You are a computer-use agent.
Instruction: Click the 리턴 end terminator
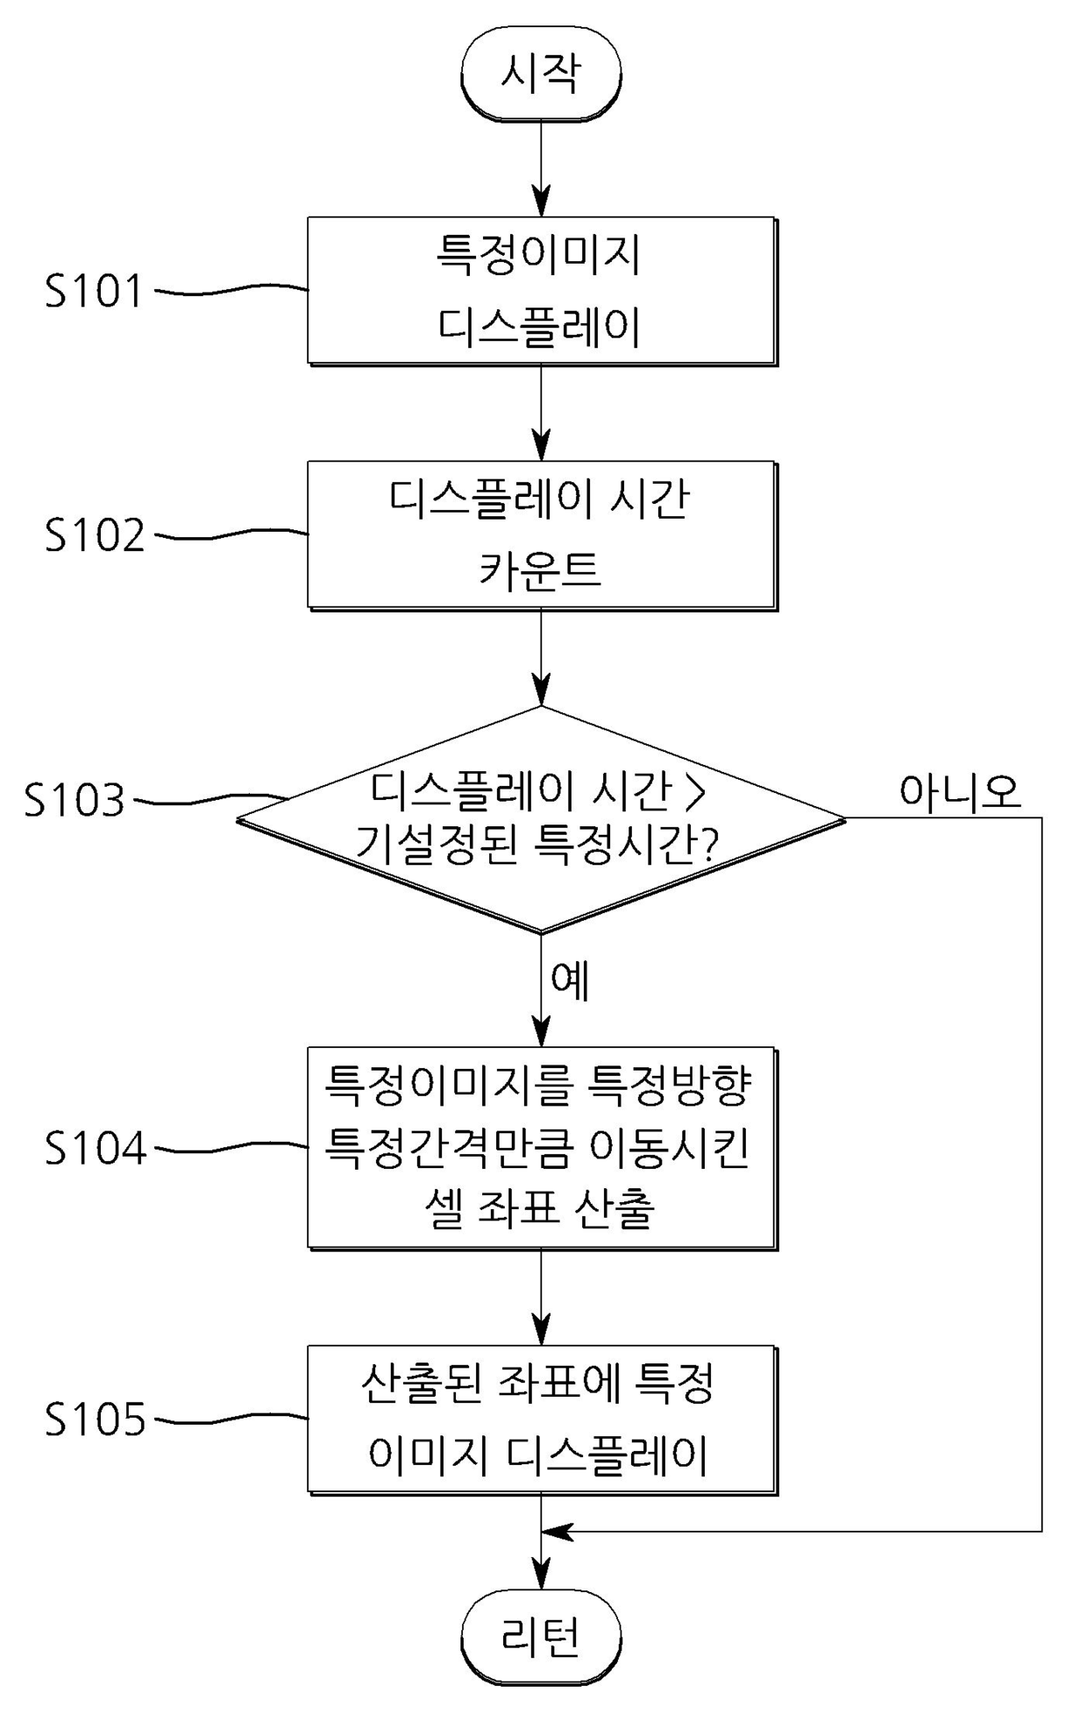pyautogui.click(x=541, y=1637)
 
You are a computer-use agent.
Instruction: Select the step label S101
pyautogui.click(x=95, y=291)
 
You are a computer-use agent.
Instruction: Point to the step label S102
pyautogui.click(x=95, y=534)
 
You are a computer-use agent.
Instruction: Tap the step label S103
pyautogui.click(x=75, y=800)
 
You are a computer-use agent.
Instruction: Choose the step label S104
pyautogui.click(x=96, y=1148)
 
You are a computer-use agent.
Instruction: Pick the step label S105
pyautogui.click(x=95, y=1419)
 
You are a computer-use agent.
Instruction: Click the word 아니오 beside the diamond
pyautogui.click(x=960, y=791)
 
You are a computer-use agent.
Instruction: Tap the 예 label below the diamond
pyautogui.click(x=570, y=980)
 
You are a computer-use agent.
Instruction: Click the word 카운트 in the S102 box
pyautogui.click(x=540, y=570)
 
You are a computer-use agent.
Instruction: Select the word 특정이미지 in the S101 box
pyautogui.click(x=538, y=256)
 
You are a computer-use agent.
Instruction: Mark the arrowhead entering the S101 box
pyautogui.click(x=542, y=202)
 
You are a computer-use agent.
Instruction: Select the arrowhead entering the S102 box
pyautogui.click(x=542, y=446)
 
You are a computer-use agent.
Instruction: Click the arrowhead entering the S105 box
pyautogui.click(x=542, y=1330)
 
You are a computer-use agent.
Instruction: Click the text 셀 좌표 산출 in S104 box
pyautogui.click(x=539, y=1210)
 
